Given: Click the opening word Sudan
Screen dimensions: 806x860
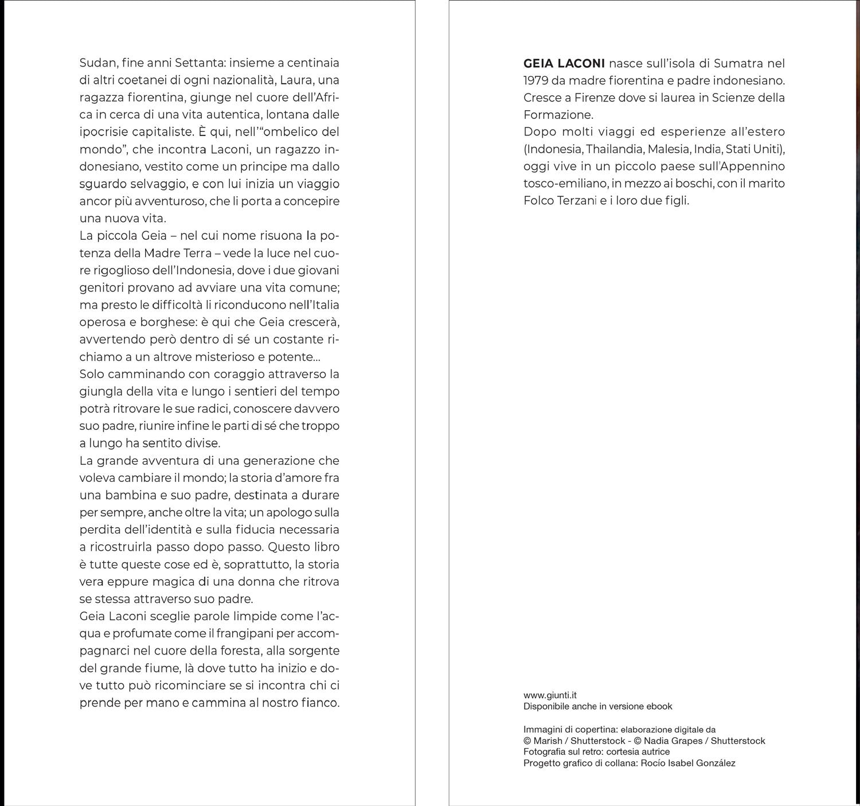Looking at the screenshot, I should point(97,63).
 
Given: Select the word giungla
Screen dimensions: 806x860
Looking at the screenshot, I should point(99,391).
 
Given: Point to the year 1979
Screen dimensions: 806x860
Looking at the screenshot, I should point(536,80).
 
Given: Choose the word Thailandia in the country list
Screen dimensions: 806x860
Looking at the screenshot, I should point(615,149).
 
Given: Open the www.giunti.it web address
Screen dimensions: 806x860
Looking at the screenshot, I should point(550,695).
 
